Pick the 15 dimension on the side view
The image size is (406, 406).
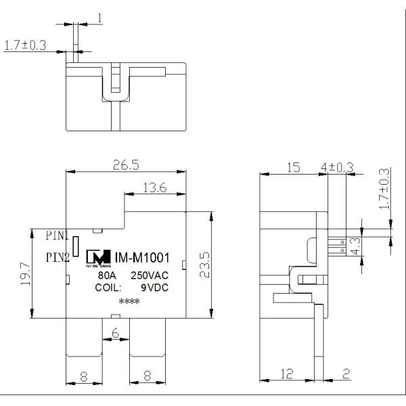pos(294,167)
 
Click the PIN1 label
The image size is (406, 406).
pos(58,236)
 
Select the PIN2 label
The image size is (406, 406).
pos(58,257)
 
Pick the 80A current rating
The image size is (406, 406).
pos(107,277)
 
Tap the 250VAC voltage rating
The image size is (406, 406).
pos(150,277)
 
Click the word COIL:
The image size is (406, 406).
pos(109,288)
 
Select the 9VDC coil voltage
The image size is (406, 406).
pos(155,288)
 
